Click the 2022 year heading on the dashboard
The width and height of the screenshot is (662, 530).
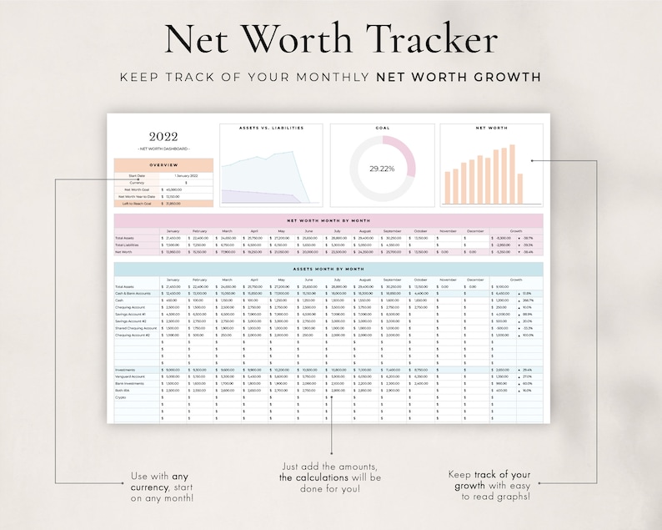coord(164,137)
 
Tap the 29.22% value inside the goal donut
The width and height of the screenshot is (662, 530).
coord(382,168)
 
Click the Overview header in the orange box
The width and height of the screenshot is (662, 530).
coord(164,164)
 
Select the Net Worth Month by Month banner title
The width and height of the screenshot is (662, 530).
coord(328,220)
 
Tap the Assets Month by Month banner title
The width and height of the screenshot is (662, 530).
coord(328,269)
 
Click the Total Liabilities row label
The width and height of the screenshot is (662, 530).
coord(128,245)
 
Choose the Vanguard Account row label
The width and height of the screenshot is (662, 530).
coord(130,376)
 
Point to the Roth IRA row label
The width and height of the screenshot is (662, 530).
coord(123,390)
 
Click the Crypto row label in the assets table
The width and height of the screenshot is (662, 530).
coord(122,397)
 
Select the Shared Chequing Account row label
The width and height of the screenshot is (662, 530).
coord(135,328)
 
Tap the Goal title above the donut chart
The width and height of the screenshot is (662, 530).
coord(382,129)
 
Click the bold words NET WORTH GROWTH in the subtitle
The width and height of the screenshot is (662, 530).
coord(459,77)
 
